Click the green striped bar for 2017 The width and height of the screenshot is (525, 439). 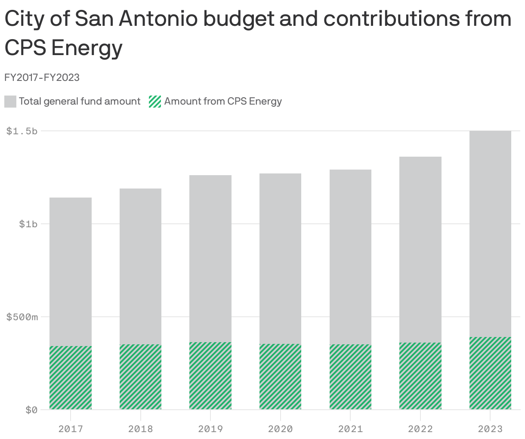click(x=71, y=377)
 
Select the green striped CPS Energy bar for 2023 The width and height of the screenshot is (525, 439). click(x=490, y=373)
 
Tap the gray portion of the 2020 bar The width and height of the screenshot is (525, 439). click(x=280, y=258)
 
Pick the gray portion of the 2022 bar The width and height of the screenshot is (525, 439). click(x=420, y=250)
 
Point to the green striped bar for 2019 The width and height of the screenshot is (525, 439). click(x=210, y=376)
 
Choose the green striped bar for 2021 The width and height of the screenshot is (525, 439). click(x=350, y=377)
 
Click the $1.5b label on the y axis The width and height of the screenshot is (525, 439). click(x=22, y=131)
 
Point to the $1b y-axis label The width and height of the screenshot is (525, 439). click(x=28, y=224)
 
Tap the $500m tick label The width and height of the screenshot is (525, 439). click(x=22, y=317)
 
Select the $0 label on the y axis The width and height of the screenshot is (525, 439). click(x=31, y=410)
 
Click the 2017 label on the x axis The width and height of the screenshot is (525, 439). click(x=71, y=429)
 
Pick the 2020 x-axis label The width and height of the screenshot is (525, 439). click(x=280, y=429)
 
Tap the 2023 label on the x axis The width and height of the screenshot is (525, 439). click(x=490, y=429)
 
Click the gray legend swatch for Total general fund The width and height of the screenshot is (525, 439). click(x=10, y=102)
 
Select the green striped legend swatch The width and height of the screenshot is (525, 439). click(x=155, y=102)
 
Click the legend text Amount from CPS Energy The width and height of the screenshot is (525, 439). click(x=223, y=102)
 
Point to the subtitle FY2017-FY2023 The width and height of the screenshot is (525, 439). click(x=42, y=77)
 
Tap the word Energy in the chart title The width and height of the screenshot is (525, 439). click(x=87, y=48)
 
